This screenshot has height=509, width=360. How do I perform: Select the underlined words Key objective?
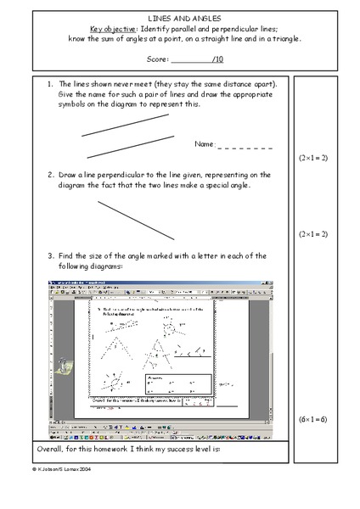[x=113, y=27]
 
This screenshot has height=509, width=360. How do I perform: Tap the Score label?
[x=158, y=59]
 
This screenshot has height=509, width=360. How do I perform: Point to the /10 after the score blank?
[x=217, y=59]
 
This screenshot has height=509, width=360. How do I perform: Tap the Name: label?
[x=205, y=146]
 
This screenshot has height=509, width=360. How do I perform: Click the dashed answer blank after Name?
[x=245, y=147]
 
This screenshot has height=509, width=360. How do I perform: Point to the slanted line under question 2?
[x=136, y=219]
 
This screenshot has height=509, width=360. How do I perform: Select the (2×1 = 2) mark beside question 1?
[x=313, y=159]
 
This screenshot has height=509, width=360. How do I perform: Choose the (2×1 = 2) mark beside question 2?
[x=313, y=232]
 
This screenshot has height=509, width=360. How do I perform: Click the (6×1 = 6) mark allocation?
[x=313, y=420]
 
